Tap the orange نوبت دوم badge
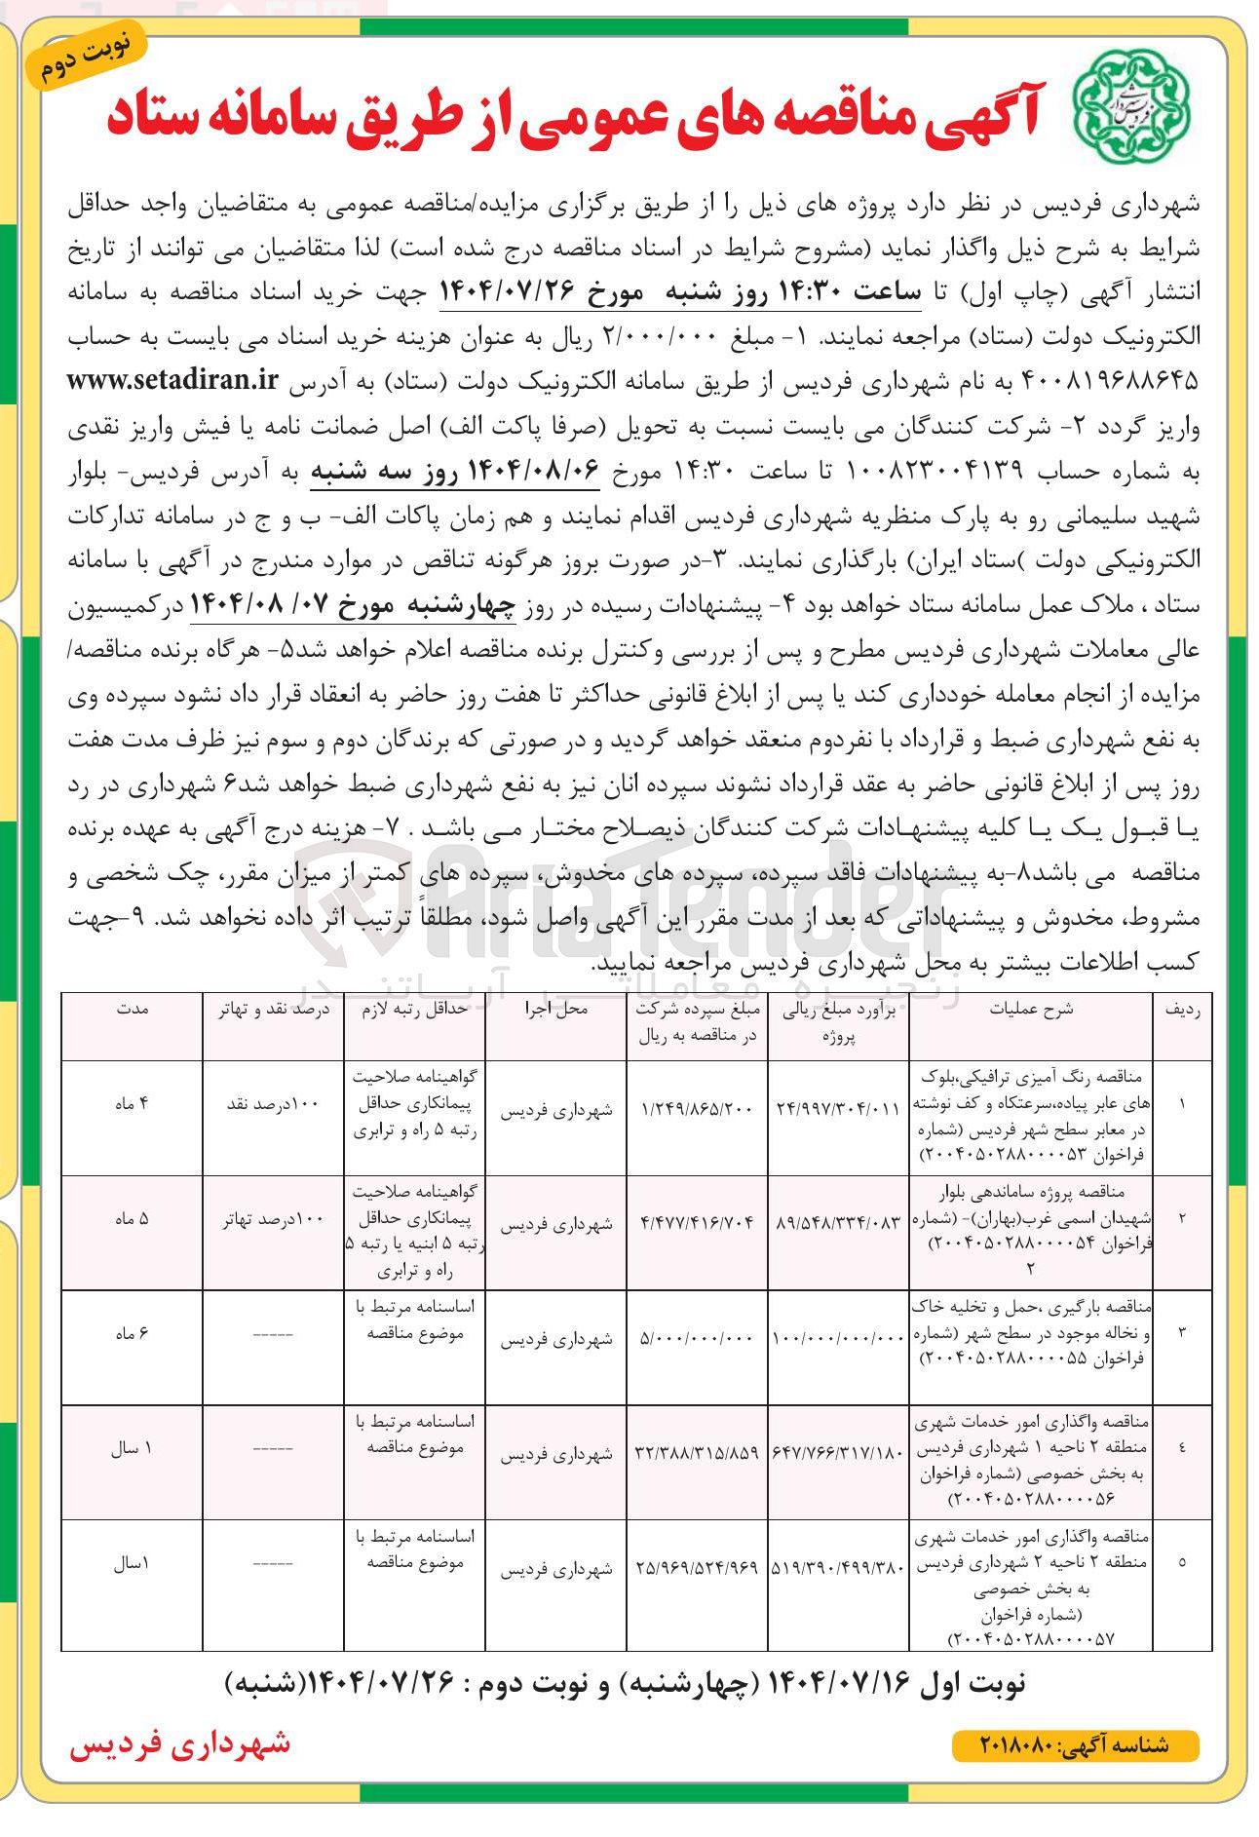click(90, 61)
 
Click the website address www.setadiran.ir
click(173, 380)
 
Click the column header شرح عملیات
click(1030, 1010)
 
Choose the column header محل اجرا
click(555, 1010)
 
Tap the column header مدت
click(131, 1010)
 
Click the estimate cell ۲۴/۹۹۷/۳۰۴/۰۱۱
click(838, 1109)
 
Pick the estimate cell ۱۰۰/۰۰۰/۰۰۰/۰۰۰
click(838, 1338)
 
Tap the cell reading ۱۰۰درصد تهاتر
click(273, 1220)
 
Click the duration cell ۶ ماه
click(131, 1334)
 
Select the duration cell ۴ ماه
click(131, 1104)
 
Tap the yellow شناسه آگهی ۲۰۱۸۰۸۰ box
click(1074, 1745)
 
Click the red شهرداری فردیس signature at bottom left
click(180, 1743)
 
